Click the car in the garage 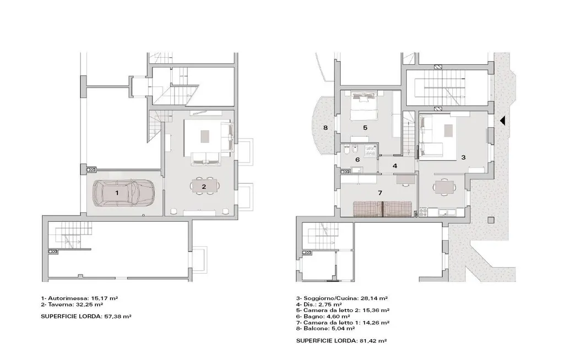tap(123, 193)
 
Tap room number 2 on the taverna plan tap(204, 187)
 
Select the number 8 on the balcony tap(325, 127)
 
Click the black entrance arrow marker tap(502, 121)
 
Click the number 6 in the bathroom tap(357, 160)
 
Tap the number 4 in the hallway tap(395, 166)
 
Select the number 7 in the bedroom tap(380, 193)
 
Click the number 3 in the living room tap(463, 157)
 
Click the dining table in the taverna tap(205, 186)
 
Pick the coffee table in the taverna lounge tap(205, 137)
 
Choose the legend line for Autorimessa tap(79, 298)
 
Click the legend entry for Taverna tap(72, 304)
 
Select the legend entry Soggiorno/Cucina tap(341, 298)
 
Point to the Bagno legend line tap(326, 317)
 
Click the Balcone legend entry tap(326, 329)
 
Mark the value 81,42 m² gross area tap(373, 341)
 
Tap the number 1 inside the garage tap(117, 193)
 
